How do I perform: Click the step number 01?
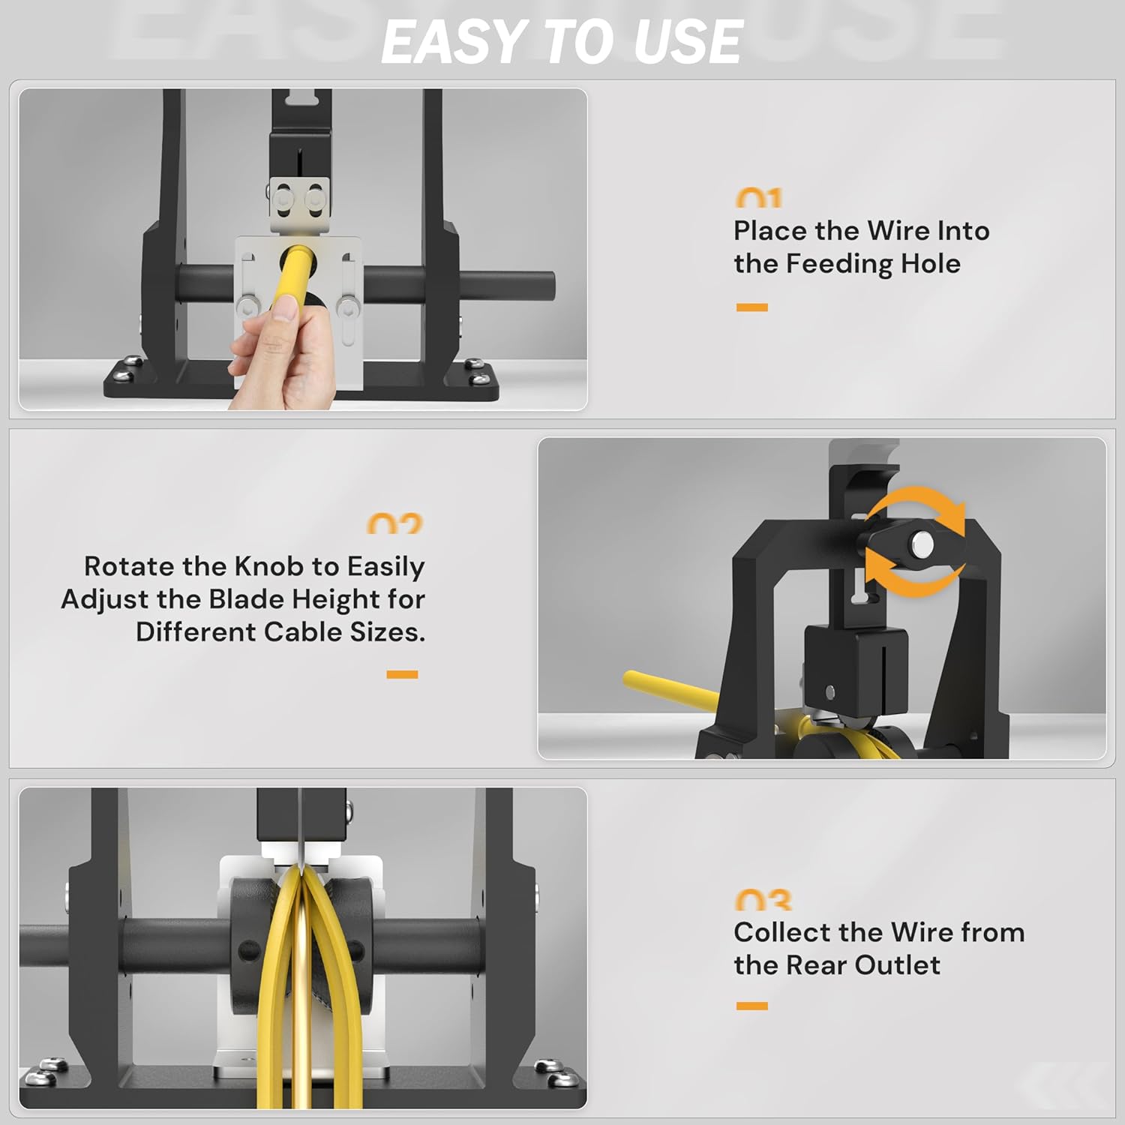(759, 199)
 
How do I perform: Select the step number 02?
(394, 524)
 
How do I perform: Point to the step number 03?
(763, 900)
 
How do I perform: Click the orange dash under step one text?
(751, 307)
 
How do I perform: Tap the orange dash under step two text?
(402, 675)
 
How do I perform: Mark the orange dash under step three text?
(751, 1006)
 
